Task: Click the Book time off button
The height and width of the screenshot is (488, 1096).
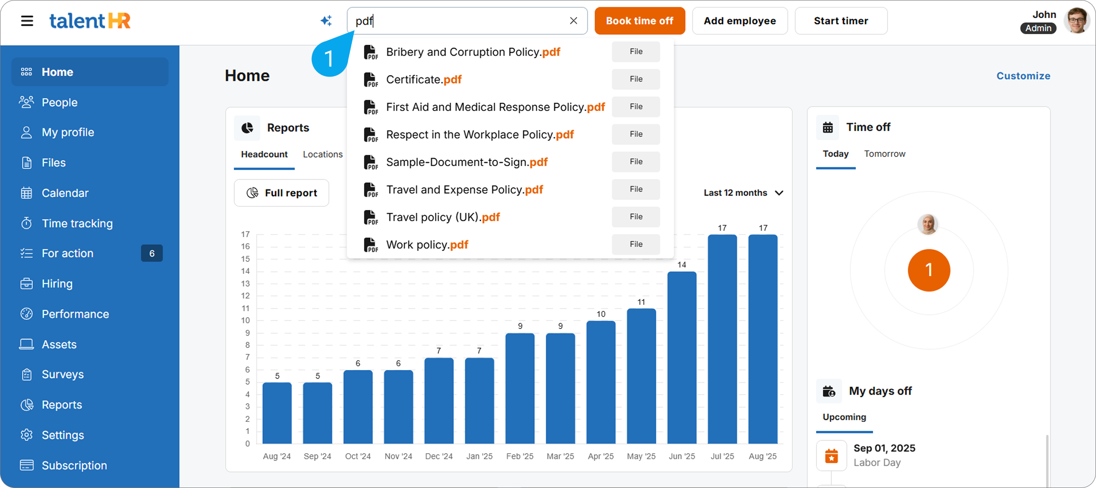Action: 639,21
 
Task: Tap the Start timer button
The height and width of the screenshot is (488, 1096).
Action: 841,21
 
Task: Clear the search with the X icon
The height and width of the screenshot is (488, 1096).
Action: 573,21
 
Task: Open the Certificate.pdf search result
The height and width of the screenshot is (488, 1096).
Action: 424,80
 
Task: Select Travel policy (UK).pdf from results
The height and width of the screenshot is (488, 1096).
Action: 443,218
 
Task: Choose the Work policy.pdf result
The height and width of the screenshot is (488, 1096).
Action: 427,245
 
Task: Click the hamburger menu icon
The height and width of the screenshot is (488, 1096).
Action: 27,21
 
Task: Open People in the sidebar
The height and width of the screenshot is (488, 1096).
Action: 60,102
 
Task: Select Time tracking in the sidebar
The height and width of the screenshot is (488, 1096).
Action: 77,223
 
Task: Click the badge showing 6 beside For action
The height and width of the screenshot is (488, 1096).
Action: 152,253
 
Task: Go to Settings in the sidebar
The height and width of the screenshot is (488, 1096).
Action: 62,435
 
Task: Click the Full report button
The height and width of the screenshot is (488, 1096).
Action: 281,193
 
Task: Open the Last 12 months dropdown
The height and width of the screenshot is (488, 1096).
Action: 743,193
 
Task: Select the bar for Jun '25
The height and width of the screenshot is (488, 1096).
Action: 682,357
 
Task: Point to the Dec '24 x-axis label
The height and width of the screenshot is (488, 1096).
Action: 438,456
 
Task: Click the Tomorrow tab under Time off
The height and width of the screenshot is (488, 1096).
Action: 885,154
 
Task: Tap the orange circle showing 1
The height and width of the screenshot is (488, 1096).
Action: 928,270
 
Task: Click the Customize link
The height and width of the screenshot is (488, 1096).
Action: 1023,76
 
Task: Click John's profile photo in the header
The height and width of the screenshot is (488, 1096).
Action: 1076,21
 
